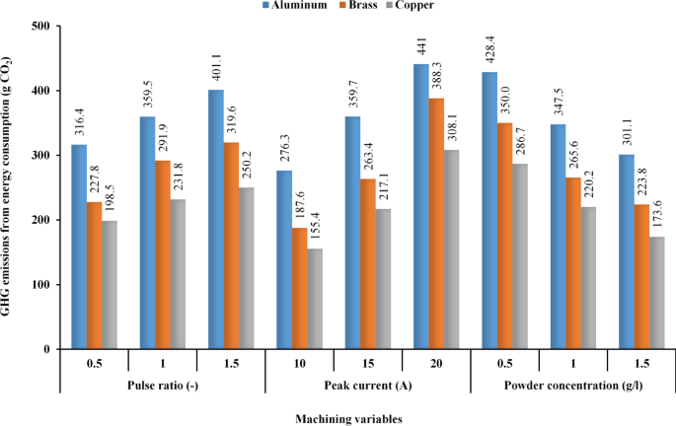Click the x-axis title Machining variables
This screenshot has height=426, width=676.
point(338,418)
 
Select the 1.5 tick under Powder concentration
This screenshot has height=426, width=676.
point(638,362)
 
